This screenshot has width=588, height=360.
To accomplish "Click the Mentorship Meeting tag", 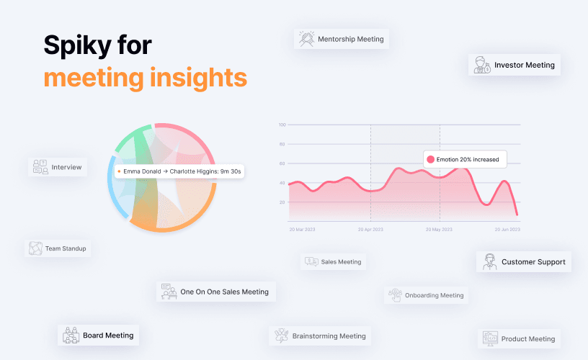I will point(342,39).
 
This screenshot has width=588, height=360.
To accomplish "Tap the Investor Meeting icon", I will point(481,65).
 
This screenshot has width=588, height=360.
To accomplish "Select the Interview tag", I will point(58,168).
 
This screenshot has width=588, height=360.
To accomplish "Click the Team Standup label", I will point(66,248).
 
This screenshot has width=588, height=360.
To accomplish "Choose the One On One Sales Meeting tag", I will point(216,292).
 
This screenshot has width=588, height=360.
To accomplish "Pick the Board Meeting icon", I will point(71,335).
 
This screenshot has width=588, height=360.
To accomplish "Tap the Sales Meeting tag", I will point(333,262).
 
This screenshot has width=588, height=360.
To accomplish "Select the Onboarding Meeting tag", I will point(425,295).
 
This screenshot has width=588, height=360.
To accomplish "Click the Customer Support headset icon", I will point(490,261).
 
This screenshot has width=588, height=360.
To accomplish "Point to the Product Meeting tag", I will point(519,338).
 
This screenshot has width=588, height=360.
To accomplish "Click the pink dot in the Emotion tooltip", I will point(430,159).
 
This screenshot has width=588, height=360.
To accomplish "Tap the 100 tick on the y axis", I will point(282,125).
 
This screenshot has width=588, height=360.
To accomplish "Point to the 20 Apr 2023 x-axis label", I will point(370,230).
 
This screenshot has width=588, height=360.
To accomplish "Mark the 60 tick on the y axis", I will point(283,163).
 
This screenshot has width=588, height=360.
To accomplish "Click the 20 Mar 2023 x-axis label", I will point(302,230).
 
